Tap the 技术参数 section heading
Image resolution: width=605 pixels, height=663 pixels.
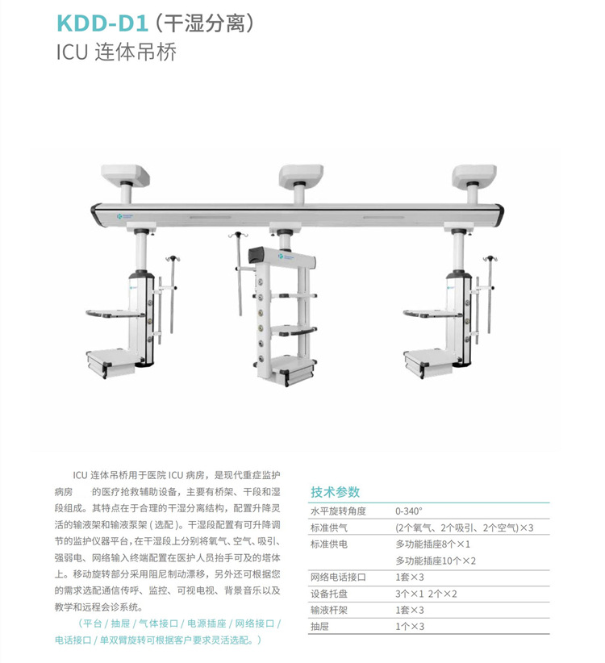tap(335, 492)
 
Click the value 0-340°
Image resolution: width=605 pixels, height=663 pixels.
tap(409, 511)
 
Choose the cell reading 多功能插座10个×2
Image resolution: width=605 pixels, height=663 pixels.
tap(447, 561)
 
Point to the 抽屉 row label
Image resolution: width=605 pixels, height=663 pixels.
tap(320, 626)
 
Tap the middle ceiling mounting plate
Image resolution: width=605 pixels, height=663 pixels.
tap(300, 174)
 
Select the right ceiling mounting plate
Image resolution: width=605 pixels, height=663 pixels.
tap(474, 174)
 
